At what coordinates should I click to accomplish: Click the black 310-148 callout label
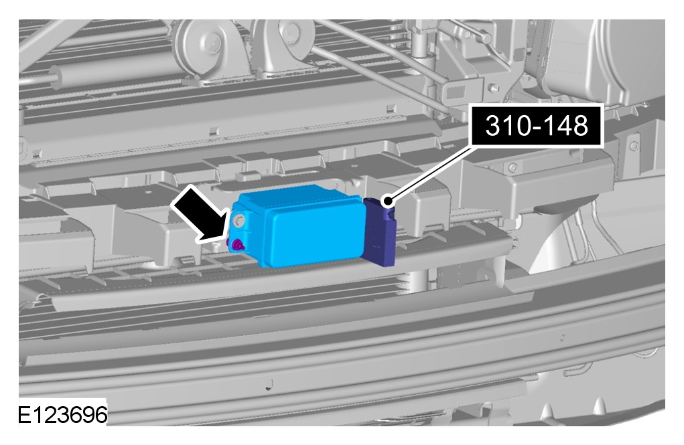(x=537, y=126)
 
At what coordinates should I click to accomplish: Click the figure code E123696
(x=62, y=414)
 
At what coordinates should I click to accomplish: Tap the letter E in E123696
(x=24, y=414)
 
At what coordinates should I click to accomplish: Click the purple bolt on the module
(x=237, y=246)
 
